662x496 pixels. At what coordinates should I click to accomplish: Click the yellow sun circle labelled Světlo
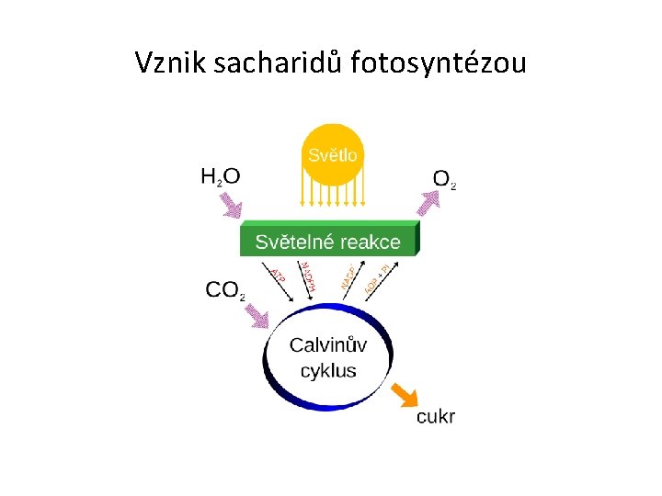332,154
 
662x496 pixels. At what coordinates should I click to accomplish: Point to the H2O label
220,176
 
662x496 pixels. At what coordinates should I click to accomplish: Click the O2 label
443,179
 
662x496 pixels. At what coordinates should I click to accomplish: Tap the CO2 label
224,290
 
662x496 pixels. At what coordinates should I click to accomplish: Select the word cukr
436,417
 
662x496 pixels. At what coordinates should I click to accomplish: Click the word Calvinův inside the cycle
328,345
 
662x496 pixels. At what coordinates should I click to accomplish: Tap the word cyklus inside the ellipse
328,371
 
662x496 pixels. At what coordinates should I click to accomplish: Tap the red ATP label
278,274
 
